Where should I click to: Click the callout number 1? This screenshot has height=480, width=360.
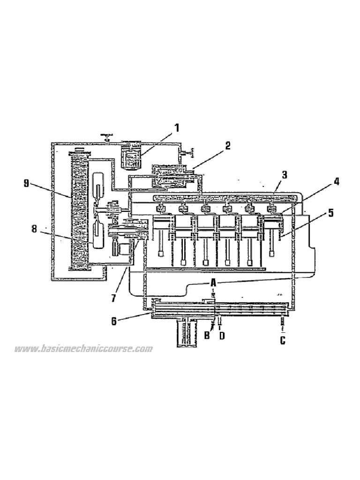(177, 127)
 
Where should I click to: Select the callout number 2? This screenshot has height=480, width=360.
(227, 146)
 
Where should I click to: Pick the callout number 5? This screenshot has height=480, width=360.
(330, 213)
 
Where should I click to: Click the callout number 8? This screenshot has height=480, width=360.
(34, 229)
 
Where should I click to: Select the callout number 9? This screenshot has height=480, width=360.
(27, 183)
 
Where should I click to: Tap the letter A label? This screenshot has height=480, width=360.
(213, 283)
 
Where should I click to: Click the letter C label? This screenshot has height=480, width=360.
(283, 341)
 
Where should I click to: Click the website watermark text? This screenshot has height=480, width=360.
(83, 349)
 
